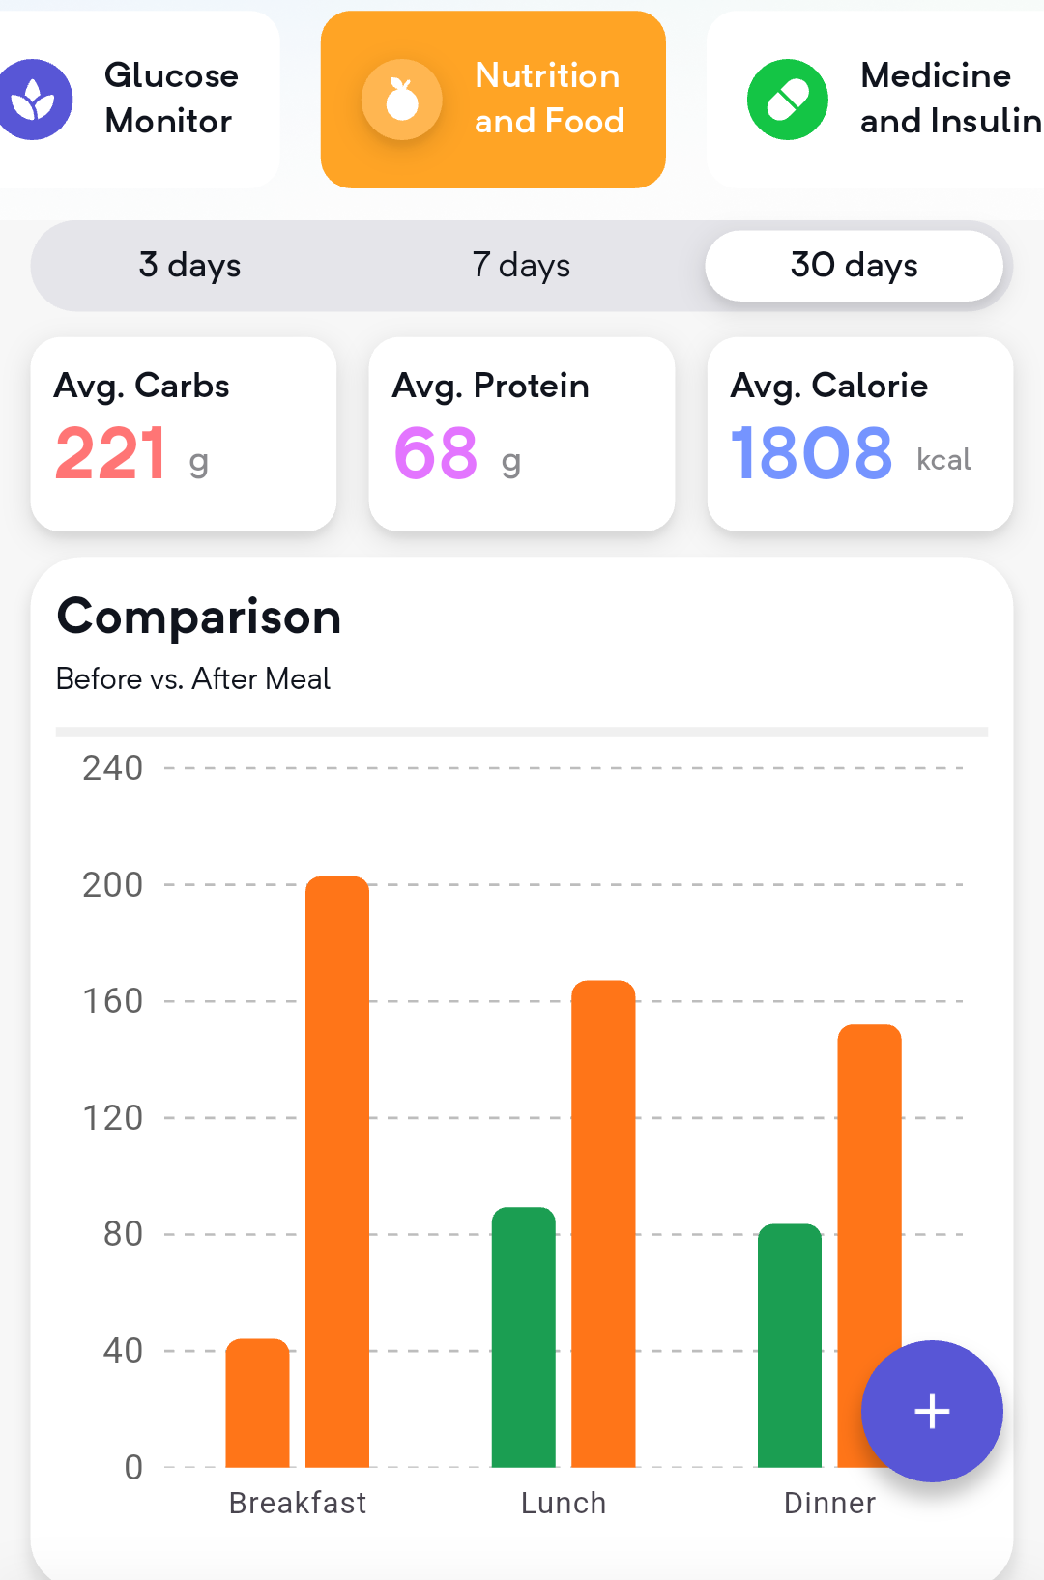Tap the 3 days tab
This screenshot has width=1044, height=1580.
pyautogui.click(x=189, y=265)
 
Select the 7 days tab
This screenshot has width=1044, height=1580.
pyautogui.click(x=521, y=265)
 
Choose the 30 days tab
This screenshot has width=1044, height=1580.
pyautogui.click(x=854, y=265)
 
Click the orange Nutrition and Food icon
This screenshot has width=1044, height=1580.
pyautogui.click(x=401, y=100)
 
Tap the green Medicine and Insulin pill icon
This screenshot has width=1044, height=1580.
pyautogui.click(x=788, y=100)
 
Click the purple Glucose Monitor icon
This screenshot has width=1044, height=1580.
pyautogui.click(x=34, y=100)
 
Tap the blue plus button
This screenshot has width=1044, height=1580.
pyautogui.click(x=932, y=1411)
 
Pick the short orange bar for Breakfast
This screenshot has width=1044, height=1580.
pyautogui.click(x=257, y=1402)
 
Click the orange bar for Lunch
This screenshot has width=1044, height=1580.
pyautogui.click(x=603, y=1223)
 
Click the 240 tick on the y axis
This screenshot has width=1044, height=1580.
pyautogui.click(x=112, y=768)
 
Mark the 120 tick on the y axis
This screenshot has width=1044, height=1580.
pyautogui.click(x=112, y=1118)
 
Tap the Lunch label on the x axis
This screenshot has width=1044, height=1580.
pyautogui.click(x=564, y=1503)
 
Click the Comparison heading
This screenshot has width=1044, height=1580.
pyautogui.click(x=199, y=617)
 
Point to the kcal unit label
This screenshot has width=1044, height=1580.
pyautogui.click(x=943, y=459)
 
